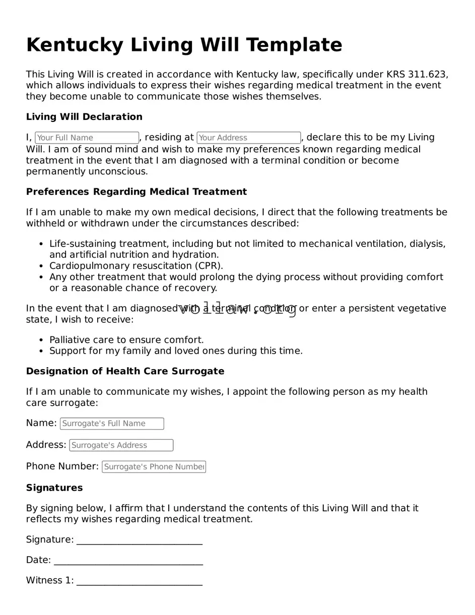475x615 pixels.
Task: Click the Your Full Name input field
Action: [87, 138]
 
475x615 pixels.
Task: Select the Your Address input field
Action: [248, 138]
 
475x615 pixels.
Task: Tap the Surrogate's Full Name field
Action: [112, 424]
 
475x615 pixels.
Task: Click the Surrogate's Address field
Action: [121, 445]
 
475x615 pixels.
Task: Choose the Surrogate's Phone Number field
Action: [154, 467]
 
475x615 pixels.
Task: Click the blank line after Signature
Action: [140, 540]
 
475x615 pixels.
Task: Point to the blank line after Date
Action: [128, 561]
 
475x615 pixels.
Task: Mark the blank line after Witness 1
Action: [140, 581]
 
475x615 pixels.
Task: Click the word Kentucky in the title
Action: [75, 45]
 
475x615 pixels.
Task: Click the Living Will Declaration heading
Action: [84, 117]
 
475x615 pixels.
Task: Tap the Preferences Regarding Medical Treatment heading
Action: [137, 192]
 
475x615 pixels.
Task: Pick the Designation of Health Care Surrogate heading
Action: [125, 371]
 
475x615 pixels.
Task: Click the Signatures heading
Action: [54, 488]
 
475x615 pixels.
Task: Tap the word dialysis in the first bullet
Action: [427, 244]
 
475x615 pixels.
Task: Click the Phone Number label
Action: [62, 466]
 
